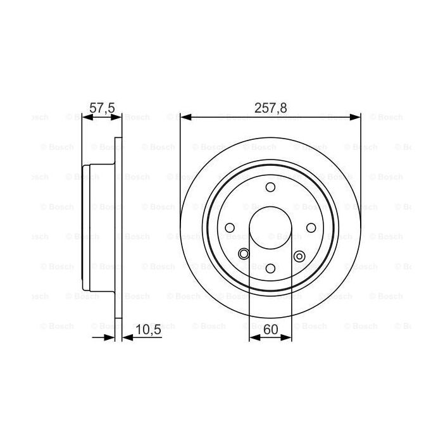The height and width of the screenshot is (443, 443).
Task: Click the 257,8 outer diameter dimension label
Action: (x=270, y=108)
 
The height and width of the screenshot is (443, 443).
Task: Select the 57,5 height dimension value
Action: (x=101, y=108)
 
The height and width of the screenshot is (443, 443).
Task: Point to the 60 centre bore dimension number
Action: (x=270, y=329)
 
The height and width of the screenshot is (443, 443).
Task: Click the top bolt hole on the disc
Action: (x=270, y=187)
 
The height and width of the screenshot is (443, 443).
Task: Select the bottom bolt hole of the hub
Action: (x=270, y=268)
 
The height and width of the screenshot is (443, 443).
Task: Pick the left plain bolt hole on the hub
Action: (x=230, y=228)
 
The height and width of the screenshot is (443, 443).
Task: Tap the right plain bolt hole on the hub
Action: (x=311, y=228)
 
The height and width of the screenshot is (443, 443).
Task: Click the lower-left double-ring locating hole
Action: (x=244, y=254)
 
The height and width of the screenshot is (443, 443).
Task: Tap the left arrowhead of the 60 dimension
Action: (x=254, y=337)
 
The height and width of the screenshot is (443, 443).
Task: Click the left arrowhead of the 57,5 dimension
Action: (x=87, y=116)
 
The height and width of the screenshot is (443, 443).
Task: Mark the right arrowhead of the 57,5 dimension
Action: (x=117, y=116)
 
